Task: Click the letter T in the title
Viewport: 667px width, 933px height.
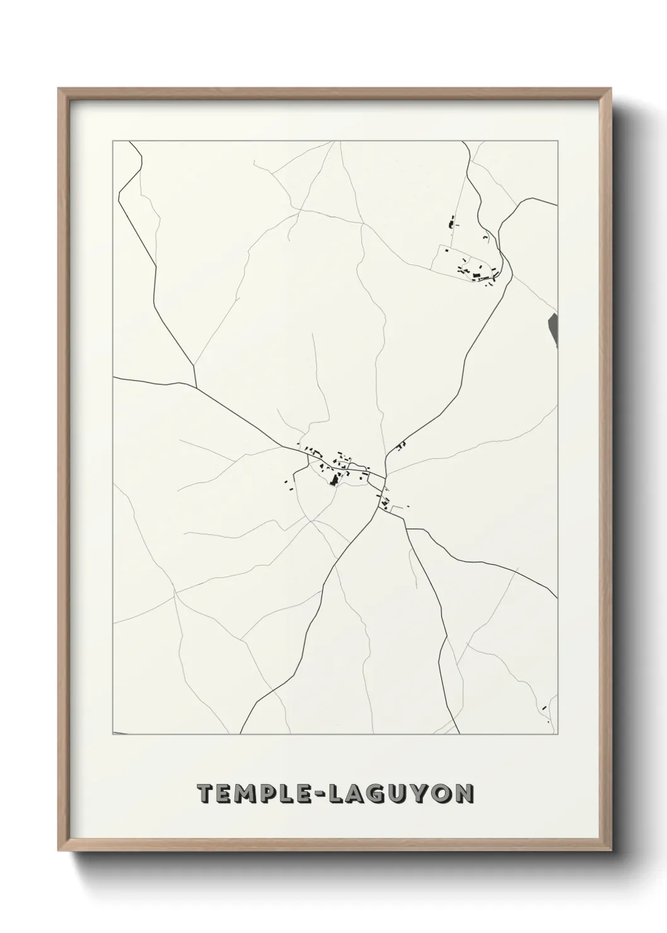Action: [x=206, y=794]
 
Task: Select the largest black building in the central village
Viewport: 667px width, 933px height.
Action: [x=333, y=481]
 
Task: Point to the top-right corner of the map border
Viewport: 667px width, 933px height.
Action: [x=557, y=142]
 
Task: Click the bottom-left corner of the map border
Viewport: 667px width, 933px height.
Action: [x=113, y=734]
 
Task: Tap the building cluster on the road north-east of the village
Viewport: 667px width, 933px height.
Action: [x=400, y=446]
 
